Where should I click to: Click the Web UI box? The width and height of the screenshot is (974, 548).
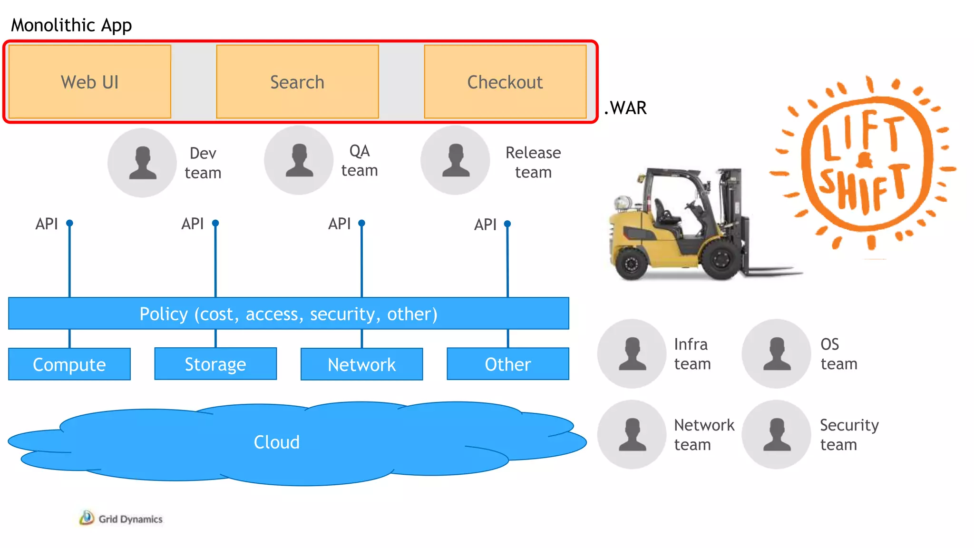[90, 82]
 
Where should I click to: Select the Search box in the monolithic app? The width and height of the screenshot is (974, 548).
[297, 82]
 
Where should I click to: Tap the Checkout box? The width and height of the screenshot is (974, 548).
[505, 82]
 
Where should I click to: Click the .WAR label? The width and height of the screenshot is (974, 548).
[625, 108]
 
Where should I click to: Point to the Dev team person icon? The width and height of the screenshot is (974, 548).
[142, 163]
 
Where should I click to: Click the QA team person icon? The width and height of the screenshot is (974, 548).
[299, 160]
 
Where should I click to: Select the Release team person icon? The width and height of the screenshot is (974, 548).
[455, 160]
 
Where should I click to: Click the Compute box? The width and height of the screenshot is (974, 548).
[69, 364]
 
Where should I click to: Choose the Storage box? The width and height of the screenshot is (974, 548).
[215, 364]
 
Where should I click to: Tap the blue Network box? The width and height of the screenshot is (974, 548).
[362, 364]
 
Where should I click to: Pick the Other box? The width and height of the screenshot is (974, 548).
[508, 364]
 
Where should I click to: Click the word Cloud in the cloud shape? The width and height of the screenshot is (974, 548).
[277, 442]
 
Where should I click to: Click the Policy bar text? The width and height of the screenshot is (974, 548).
[288, 313]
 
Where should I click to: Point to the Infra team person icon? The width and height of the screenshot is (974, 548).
[632, 353]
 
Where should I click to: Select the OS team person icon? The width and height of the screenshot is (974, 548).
[777, 353]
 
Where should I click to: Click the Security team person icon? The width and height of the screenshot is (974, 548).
[777, 434]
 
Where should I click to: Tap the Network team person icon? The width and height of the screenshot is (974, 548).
[632, 434]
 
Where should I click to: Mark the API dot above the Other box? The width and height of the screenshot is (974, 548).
[507, 224]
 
